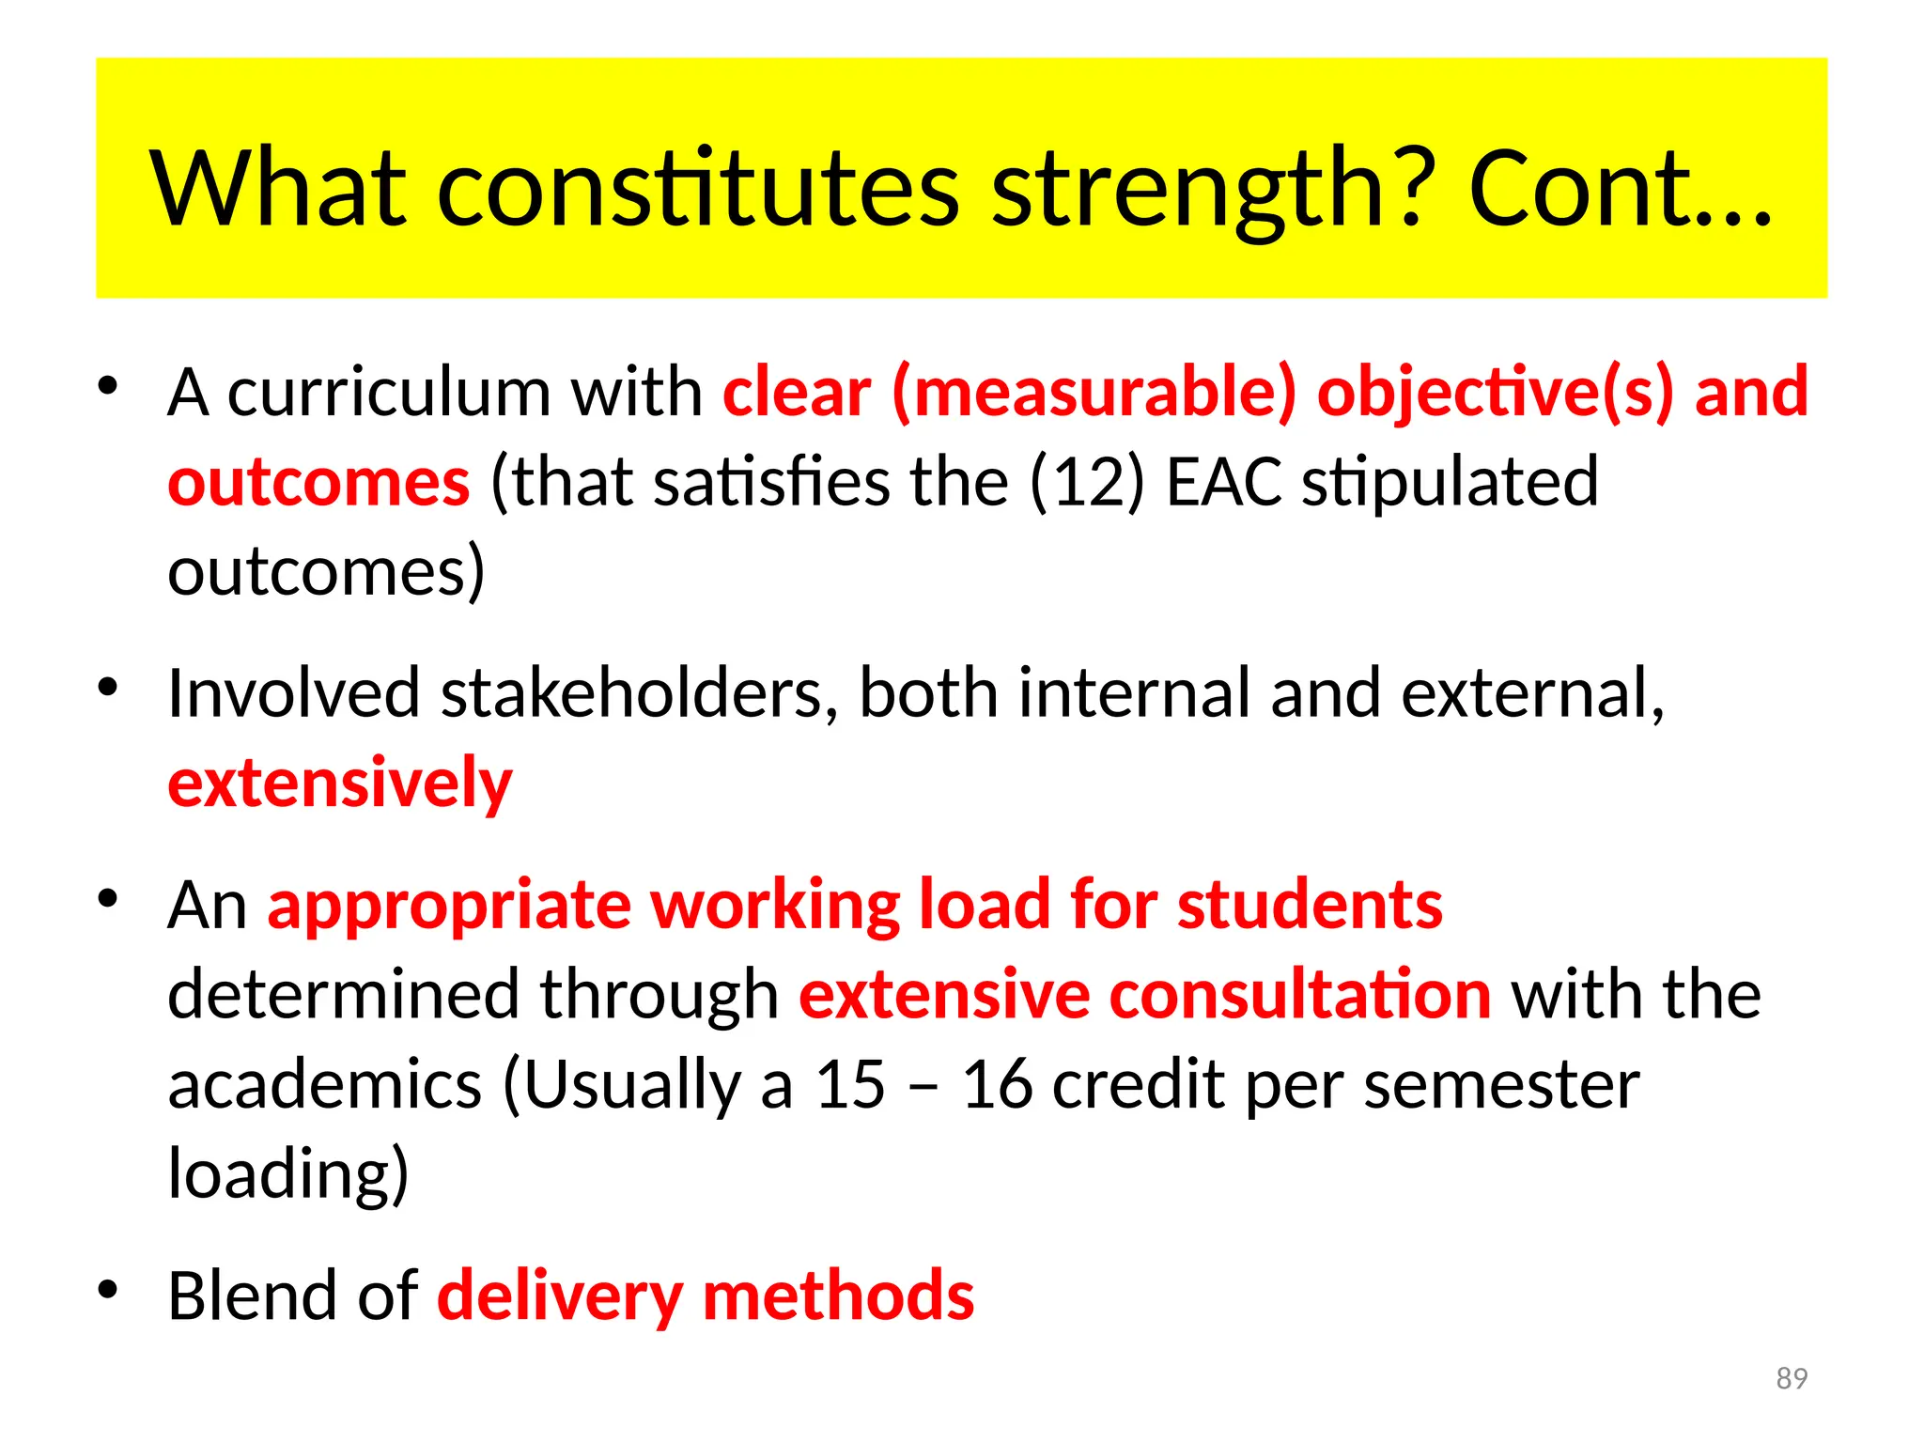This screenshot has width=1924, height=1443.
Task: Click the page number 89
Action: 1792,1378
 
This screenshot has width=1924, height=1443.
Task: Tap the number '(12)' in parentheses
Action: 1087,481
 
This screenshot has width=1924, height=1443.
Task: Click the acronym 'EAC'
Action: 1223,481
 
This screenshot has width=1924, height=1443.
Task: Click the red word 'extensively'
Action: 340,784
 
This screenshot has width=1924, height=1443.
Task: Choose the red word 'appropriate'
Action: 449,905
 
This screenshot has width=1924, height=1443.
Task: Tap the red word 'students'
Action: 1310,905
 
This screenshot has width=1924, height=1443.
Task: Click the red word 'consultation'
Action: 1300,995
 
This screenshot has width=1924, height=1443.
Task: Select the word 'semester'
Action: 1501,1085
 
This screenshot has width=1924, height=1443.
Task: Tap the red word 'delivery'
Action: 560,1296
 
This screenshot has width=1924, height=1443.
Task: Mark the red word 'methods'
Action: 838,1296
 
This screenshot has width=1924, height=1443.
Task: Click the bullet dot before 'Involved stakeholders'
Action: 109,688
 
